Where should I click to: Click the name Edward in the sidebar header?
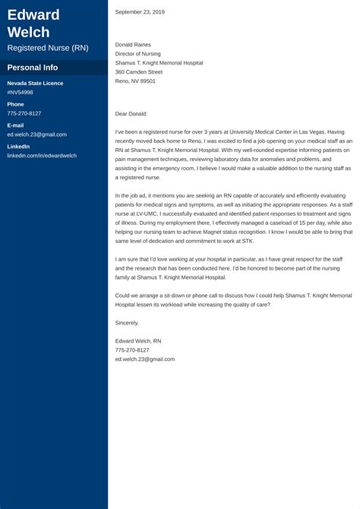(x=33, y=14)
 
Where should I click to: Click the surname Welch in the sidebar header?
(x=28, y=32)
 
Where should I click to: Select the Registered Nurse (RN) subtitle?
(x=47, y=48)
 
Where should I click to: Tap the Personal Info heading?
(x=33, y=68)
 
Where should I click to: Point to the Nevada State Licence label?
(x=35, y=83)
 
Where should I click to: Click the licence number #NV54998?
(x=20, y=92)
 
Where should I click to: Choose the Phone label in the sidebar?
(x=15, y=104)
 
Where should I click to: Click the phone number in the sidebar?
(x=24, y=113)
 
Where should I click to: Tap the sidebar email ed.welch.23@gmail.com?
(x=36, y=134)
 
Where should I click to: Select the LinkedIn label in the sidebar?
(x=18, y=146)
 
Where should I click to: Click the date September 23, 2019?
(x=140, y=12)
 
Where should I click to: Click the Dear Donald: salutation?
(x=131, y=113)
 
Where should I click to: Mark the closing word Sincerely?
(x=127, y=323)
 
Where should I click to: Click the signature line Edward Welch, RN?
(x=138, y=341)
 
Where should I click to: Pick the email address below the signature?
(x=145, y=359)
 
